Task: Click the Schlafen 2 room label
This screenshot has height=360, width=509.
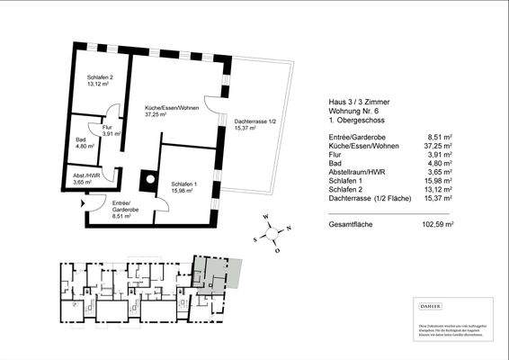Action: (x=100, y=79)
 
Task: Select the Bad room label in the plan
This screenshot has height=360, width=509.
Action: (x=83, y=140)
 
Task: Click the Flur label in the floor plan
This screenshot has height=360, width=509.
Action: (x=107, y=128)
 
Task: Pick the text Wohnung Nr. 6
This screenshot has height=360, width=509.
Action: (x=345, y=111)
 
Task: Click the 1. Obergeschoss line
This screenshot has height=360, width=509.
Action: (x=346, y=120)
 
